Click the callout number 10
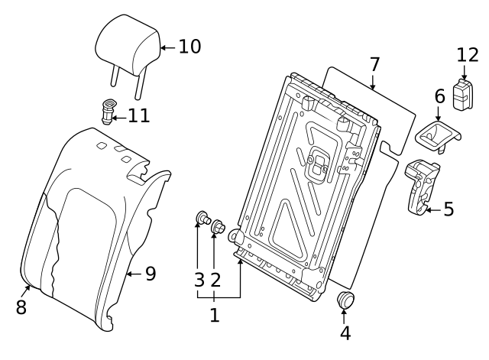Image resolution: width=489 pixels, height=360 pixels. coord(189,47)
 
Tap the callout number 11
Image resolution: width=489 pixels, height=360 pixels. coord(139,116)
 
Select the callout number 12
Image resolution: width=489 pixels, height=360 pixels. coord(467,55)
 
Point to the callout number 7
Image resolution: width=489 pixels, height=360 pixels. coord(374,64)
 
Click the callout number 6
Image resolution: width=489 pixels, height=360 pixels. coord(439,96)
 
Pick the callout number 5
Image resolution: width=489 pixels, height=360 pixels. coord(448,207)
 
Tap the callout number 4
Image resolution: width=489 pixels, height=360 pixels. coord(345,332)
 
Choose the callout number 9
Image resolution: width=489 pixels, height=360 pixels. coord(150,273)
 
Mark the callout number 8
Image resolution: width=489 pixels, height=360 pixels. coord(21,307)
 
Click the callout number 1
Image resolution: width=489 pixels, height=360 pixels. coord(215,314)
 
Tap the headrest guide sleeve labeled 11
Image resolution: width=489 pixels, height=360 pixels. coord(107,111)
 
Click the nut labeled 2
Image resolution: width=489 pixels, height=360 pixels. coord(218,227)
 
